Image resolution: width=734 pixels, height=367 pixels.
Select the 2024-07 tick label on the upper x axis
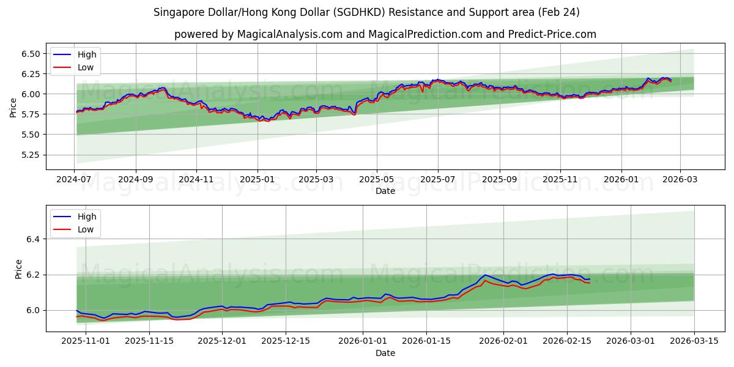75,180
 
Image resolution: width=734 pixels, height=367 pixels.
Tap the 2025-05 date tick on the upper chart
377,180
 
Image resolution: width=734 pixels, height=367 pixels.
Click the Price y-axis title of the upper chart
13,108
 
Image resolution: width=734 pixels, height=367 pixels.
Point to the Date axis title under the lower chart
385,353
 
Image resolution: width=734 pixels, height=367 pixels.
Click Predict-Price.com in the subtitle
552,34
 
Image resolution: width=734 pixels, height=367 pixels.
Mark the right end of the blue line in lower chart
590,279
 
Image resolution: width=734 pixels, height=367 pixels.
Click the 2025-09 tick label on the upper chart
500,180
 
